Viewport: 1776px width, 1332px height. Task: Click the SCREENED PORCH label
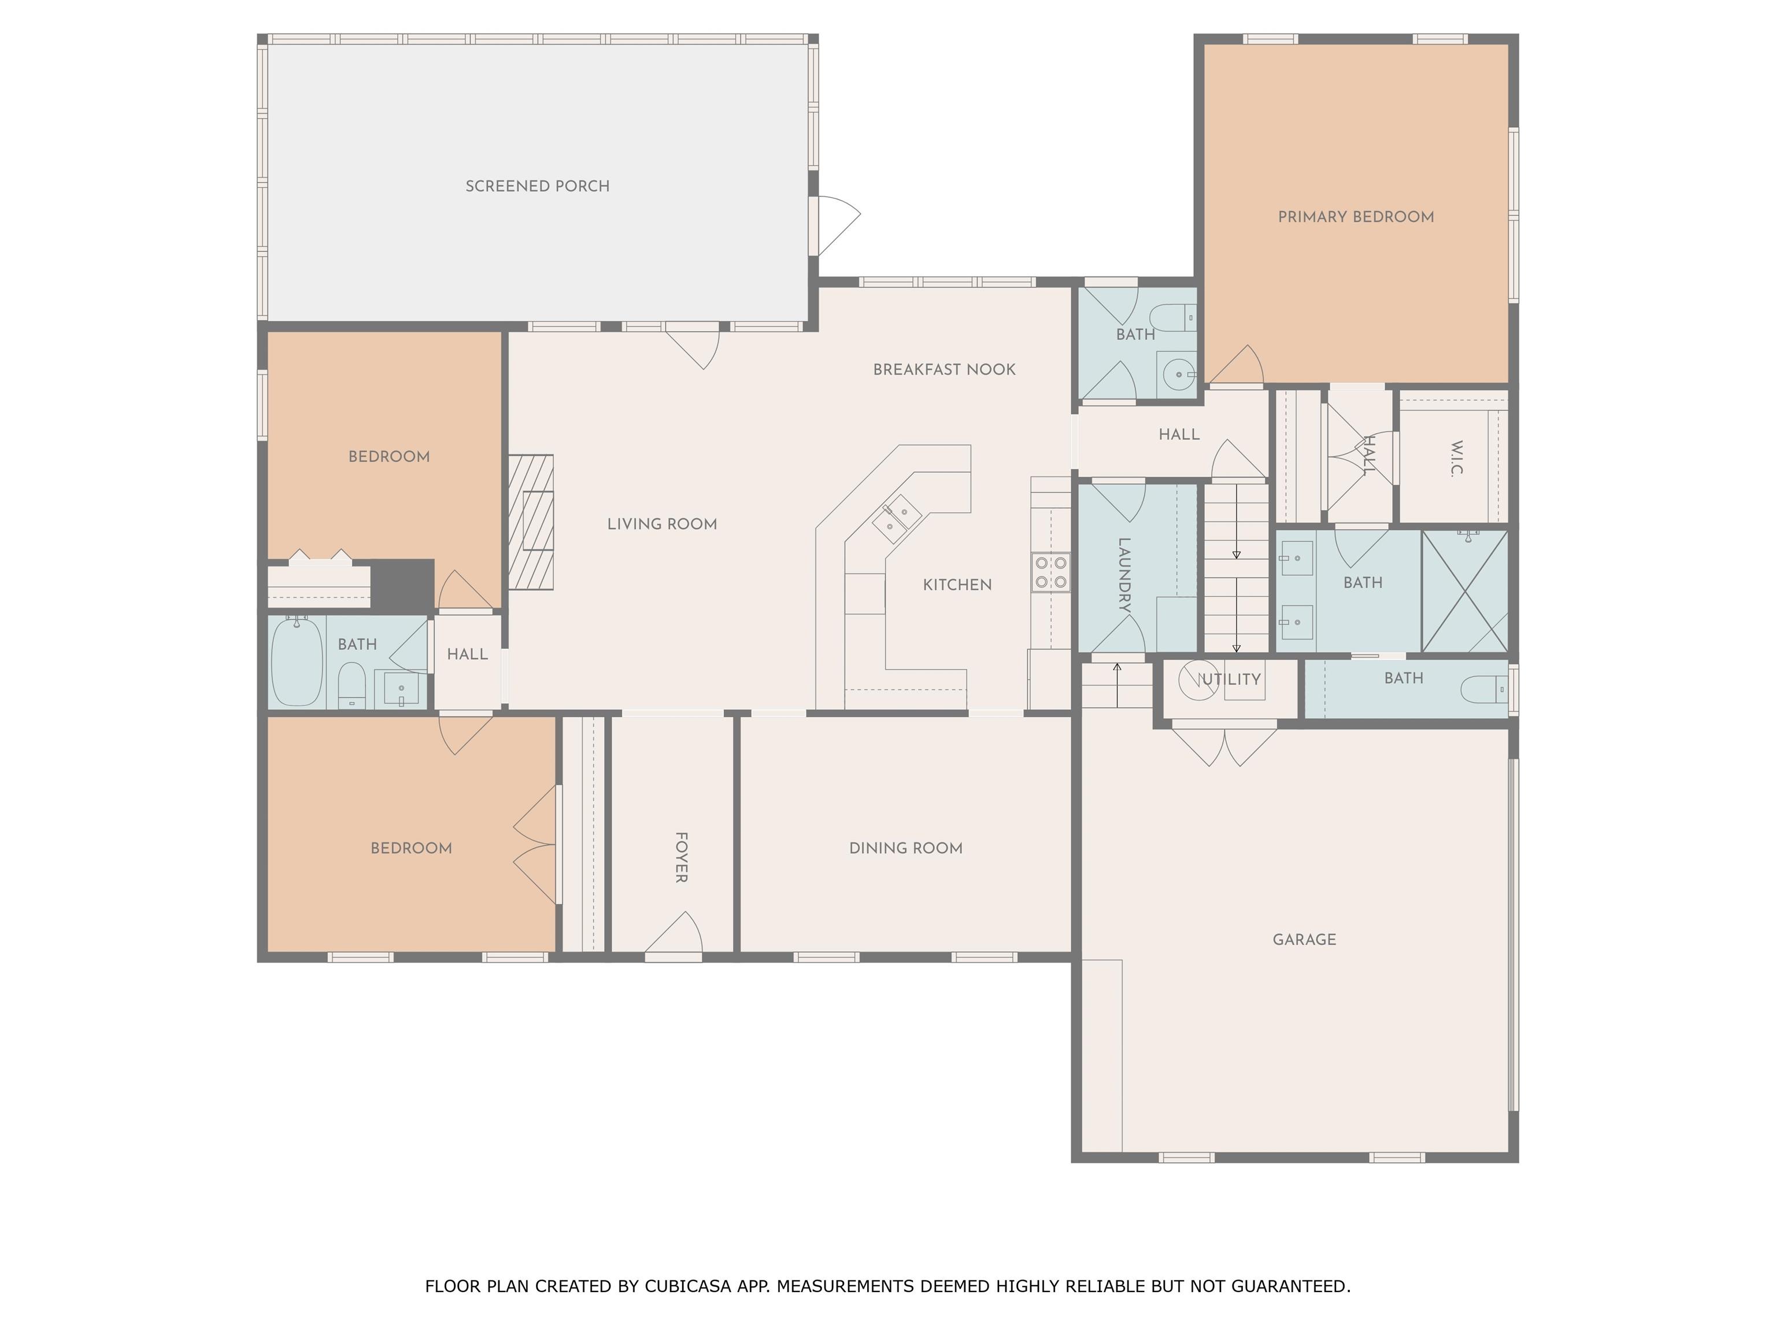[x=537, y=186]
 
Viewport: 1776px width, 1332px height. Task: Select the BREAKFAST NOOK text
[x=944, y=369]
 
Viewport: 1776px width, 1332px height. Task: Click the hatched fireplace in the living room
[x=531, y=522]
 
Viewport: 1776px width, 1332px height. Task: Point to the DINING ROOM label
[x=906, y=848]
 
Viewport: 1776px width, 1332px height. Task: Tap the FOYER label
[x=681, y=857]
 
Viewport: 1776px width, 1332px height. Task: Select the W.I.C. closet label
[x=1457, y=458]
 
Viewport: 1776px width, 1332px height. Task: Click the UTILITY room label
[x=1230, y=679]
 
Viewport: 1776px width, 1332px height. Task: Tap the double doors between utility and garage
[x=1224, y=743]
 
